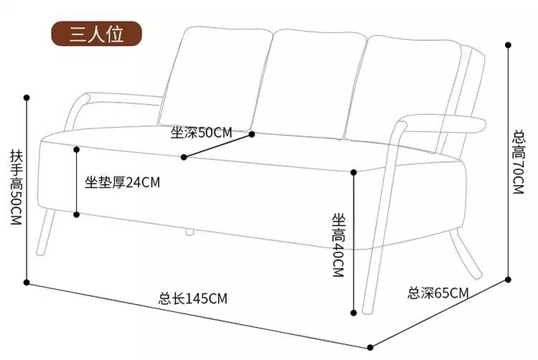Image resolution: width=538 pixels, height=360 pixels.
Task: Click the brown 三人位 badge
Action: point(96,34)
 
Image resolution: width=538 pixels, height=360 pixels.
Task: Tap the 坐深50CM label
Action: point(202,132)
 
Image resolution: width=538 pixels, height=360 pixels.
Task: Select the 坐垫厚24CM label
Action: point(122,182)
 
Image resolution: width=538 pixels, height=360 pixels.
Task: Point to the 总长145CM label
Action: point(193,299)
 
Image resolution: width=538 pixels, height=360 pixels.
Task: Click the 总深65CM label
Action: point(438,293)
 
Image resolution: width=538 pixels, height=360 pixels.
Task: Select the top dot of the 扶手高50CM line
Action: point(27,96)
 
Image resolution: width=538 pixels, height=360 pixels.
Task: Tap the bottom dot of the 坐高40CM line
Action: point(354,313)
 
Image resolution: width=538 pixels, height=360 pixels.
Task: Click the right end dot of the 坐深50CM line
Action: point(252,133)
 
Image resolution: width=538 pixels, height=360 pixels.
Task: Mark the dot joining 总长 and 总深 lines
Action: point(369,345)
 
